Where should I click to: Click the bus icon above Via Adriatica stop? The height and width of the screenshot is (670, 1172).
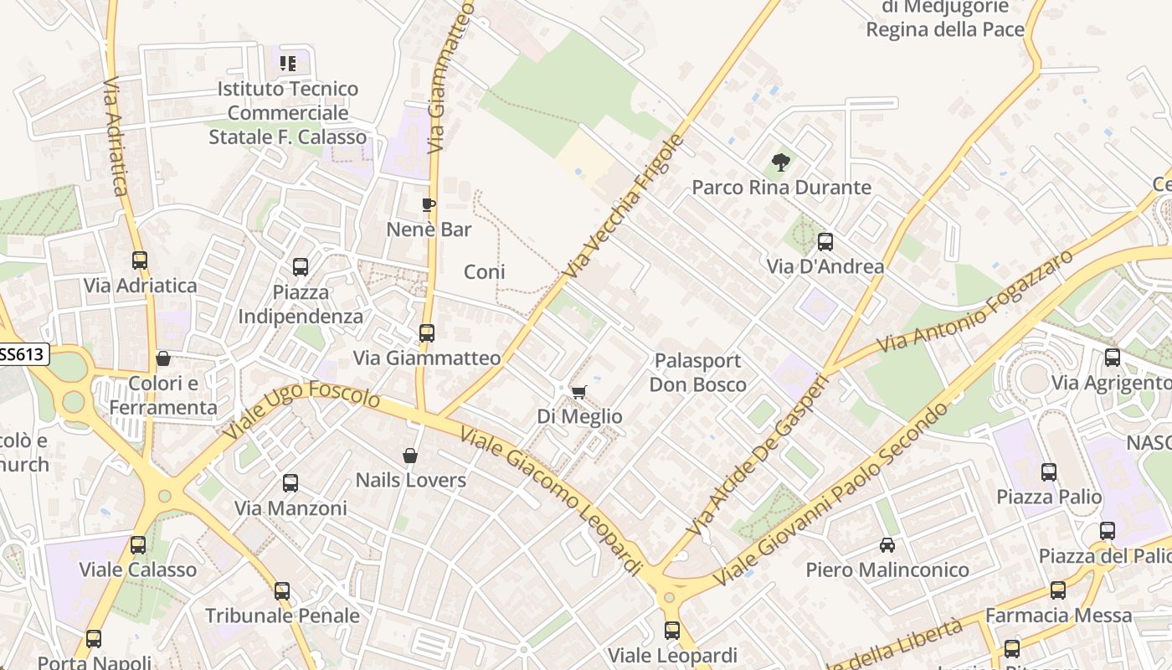pyautogui.click(x=140, y=260)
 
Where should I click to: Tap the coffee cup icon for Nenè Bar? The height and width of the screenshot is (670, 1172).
pyautogui.click(x=429, y=204)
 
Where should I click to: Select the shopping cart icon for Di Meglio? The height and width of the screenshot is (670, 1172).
pyautogui.click(x=578, y=392)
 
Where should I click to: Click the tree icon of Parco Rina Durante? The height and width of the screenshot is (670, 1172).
pyautogui.click(x=781, y=162)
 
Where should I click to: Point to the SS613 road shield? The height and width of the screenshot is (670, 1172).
pyautogui.click(x=21, y=354)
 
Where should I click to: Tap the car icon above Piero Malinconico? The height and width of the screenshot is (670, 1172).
pyautogui.click(x=887, y=545)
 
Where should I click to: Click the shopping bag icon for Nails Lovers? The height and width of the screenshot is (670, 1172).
pyautogui.click(x=410, y=456)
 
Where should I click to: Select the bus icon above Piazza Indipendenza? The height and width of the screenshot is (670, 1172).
pyautogui.click(x=301, y=267)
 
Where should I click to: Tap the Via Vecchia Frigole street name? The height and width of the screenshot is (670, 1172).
pyautogui.click(x=625, y=206)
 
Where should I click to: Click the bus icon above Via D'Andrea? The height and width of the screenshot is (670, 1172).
pyautogui.click(x=825, y=242)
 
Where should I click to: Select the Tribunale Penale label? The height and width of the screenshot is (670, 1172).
pyautogui.click(x=282, y=616)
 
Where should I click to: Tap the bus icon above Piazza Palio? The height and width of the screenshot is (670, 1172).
pyautogui.click(x=1049, y=472)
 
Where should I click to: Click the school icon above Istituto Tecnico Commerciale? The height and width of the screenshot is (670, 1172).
pyautogui.click(x=288, y=64)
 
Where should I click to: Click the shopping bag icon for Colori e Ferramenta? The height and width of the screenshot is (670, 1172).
pyautogui.click(x=163, y=358)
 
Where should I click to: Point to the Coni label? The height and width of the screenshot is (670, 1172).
pyautogui.click(x=485, y=272)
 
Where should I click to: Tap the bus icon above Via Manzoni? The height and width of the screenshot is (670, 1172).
pyautogui.click(x=290, y=483)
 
